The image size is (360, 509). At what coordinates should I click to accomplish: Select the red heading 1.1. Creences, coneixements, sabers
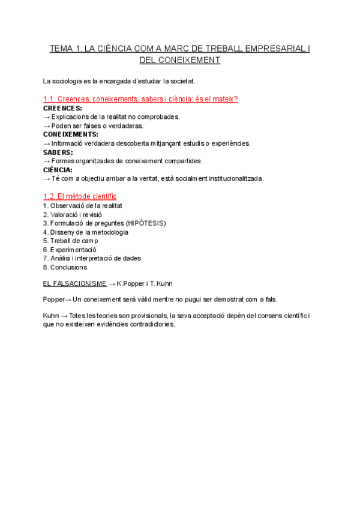coord(141,99)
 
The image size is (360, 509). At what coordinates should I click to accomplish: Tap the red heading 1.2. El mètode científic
coord(80,196)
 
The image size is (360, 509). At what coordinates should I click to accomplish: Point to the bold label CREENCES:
coord(62,108)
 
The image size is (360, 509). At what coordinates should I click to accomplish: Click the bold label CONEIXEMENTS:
coord(71,134)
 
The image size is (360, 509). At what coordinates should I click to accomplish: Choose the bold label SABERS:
coord(58,152)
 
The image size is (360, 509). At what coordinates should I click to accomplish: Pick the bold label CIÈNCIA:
coord(58,170)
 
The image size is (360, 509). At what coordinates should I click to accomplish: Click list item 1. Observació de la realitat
coord(83,205)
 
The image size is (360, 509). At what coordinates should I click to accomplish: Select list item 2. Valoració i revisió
coord(73,214)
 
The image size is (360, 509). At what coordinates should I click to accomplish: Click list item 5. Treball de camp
coord(71,241)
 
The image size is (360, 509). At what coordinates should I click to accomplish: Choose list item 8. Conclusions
coord(65,267)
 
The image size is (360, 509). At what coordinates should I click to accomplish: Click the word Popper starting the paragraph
coord(53,299)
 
